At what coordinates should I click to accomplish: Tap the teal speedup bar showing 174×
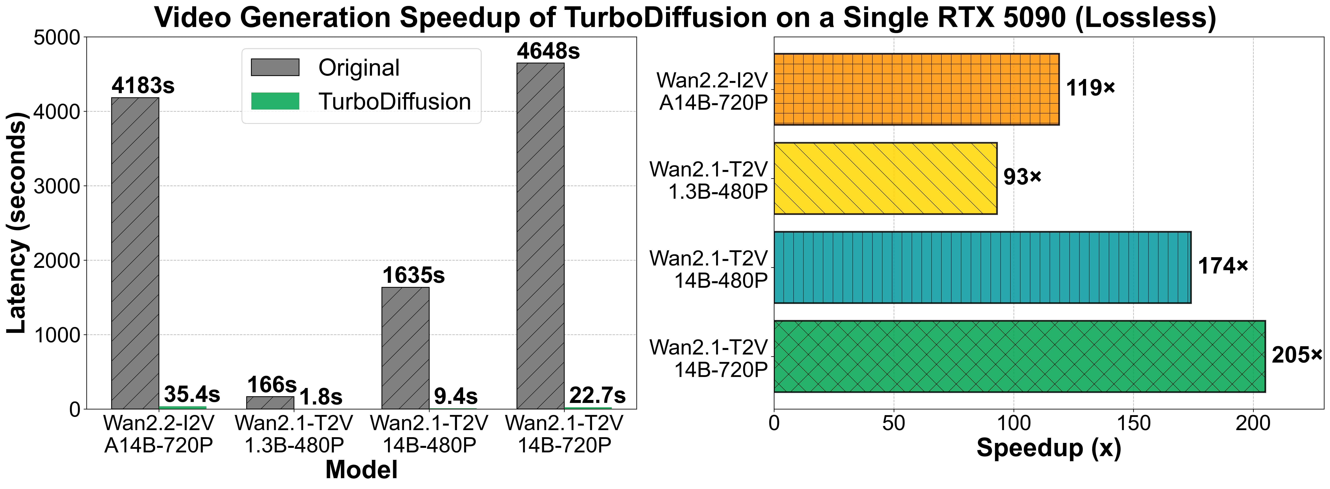tap(982, 267)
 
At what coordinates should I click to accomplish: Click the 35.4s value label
tap(192, 395)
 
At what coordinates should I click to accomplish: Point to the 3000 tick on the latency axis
tap(57, 186)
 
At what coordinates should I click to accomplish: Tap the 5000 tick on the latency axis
tap(57, 38)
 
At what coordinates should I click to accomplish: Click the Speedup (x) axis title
tap(1049, 448)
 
